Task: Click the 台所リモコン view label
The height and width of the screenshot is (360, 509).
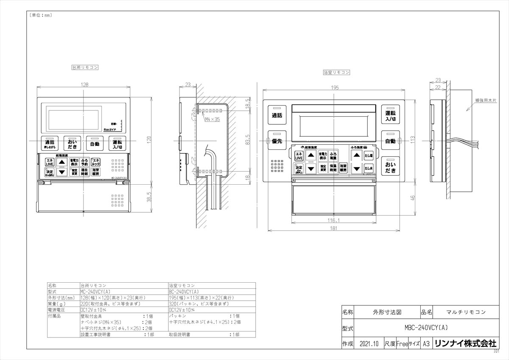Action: (85, 67)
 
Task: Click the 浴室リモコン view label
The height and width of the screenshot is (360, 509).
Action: (336, 73)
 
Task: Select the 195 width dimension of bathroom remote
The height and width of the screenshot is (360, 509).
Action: (335, 87)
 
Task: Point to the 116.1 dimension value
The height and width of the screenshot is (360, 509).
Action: (334, 220)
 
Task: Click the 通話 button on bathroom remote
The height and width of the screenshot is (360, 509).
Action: (277, 115)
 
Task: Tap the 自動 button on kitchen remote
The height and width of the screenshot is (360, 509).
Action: (94, 144)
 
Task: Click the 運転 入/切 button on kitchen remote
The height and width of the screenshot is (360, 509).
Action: (117, 144)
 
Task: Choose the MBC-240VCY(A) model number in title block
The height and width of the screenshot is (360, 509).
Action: (424, 328)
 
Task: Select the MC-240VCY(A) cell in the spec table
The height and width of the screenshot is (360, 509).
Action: (95, 292)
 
